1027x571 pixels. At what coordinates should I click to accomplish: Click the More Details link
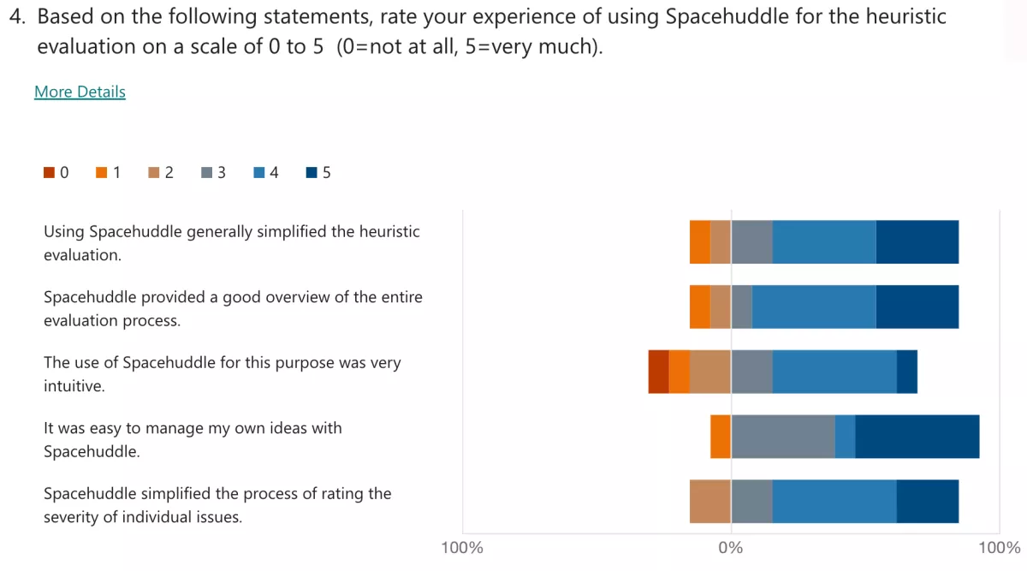pos(80,92)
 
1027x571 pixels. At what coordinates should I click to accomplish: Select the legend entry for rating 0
pos(56,173)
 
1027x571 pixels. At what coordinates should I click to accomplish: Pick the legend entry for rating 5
pos(318,173)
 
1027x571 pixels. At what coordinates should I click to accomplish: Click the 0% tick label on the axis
pos(731,548)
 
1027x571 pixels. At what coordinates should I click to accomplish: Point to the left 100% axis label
pos(462,548)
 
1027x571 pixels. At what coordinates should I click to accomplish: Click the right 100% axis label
pos(999,548)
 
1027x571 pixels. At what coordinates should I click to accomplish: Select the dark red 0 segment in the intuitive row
pos(658,372)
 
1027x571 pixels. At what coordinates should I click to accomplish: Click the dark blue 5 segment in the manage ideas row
pos(917,437)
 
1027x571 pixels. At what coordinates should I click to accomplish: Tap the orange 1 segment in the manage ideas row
pos(721,437)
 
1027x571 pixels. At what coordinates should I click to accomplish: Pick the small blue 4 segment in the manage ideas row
pos(845,437)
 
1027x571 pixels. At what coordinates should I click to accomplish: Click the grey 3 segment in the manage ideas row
pos(783,437)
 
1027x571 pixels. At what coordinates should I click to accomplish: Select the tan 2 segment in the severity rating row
pos(710,502)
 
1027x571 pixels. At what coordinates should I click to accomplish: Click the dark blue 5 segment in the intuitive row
pos(906,372)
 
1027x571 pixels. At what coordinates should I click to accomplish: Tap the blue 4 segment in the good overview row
pos(814,306)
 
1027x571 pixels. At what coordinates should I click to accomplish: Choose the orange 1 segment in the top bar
pos(700,241)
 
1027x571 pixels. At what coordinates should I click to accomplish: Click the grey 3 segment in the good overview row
pos(741,306)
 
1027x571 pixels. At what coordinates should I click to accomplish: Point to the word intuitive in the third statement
pos(74,386)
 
